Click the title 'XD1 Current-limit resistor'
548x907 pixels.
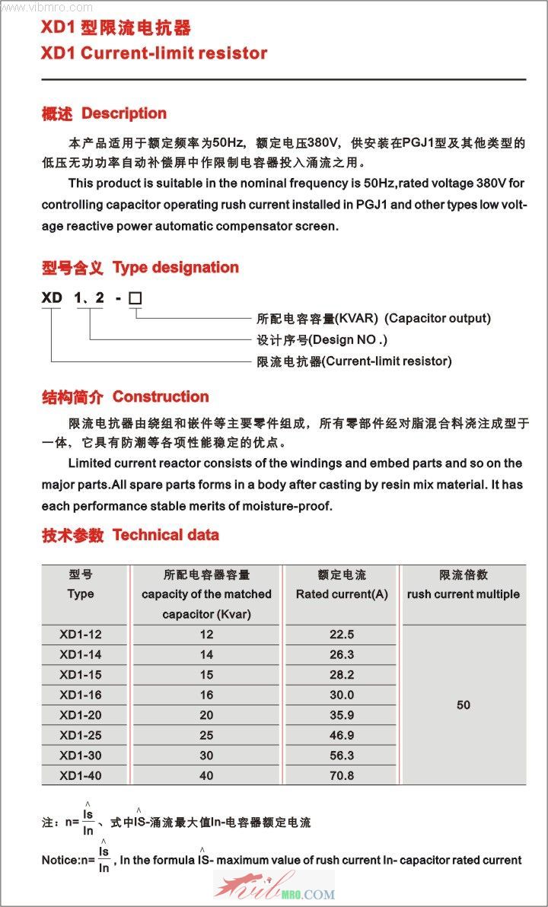tap(155, 53)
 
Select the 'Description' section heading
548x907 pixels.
tap(123, 113)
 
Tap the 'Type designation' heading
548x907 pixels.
tap(175, 267)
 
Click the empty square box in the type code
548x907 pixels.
tap(135, 298)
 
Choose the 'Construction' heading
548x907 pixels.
tap(160, 396)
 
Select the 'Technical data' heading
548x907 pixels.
tap(165, 535)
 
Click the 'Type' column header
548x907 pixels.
tap(81, 594)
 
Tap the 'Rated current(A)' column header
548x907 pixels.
tap(342, 594)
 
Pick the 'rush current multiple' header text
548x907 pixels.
tap(463, 594)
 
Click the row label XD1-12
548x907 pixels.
tap(81, 635)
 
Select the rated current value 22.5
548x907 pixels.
tap(342, 635)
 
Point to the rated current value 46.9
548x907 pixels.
tap(342, 735)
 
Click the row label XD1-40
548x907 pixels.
tap(81, 775)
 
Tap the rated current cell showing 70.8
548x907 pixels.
tap(342, 775)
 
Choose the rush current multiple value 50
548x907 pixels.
tap(463, 705)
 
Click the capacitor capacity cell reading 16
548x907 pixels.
tap(206, 695)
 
